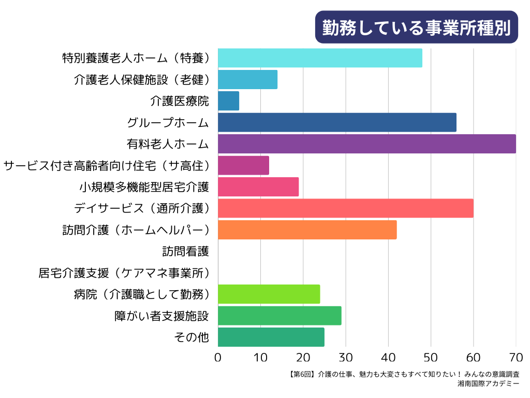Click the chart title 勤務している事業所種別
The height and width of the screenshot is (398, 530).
point(416,27)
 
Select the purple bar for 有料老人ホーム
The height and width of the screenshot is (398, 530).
point(366,144)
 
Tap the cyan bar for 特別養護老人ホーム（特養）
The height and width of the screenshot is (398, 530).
point(320,58)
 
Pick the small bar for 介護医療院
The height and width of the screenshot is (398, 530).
point(228,101)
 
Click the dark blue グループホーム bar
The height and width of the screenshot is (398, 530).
point(337,122)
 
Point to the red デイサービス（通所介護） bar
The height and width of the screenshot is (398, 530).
point(345,208)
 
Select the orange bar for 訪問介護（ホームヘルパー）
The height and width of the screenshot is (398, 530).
point(307,230)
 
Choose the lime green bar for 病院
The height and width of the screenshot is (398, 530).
point(269,294)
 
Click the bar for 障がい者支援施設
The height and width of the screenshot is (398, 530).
point(279,315)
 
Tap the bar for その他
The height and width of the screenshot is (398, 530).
point(271,337)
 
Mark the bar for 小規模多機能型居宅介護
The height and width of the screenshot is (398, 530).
point(258,187)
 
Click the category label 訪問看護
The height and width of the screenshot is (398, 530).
point(185,251)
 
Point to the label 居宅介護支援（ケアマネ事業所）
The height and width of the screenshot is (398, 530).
point(124,273)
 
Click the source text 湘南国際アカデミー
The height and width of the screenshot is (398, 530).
point(488,384)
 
